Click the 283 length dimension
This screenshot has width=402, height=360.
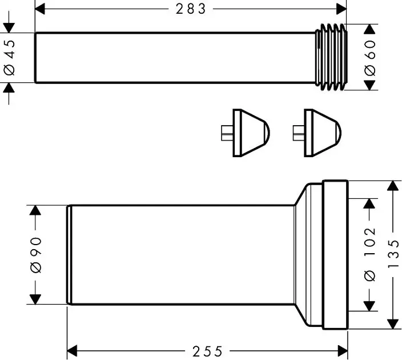click(191, 9)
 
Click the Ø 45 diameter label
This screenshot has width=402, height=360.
click(10, 58)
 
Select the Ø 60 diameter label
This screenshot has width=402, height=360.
click(370, 58)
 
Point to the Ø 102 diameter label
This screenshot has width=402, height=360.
click(370, 254)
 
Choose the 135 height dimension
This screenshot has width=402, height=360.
click(393, 254)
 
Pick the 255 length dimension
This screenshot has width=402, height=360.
click(207, 351)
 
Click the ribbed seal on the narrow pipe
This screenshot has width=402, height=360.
click(331, 57)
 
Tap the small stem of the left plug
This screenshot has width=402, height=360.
click(227, 133)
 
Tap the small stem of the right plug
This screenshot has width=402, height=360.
click(299, 133)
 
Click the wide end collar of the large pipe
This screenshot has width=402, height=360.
click(335, 254)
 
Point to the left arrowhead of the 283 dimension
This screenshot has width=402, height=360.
click(40, 9)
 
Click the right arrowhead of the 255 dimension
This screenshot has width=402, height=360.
click(343, 351)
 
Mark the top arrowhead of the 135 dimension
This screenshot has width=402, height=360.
click(393, 186)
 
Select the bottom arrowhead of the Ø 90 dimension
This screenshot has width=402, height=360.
click(35, 299)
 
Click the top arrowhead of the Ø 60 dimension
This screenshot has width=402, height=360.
click(369, 29)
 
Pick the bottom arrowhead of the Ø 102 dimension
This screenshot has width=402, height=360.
click(369, 306)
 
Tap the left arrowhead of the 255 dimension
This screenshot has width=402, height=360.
click(72, 351)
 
